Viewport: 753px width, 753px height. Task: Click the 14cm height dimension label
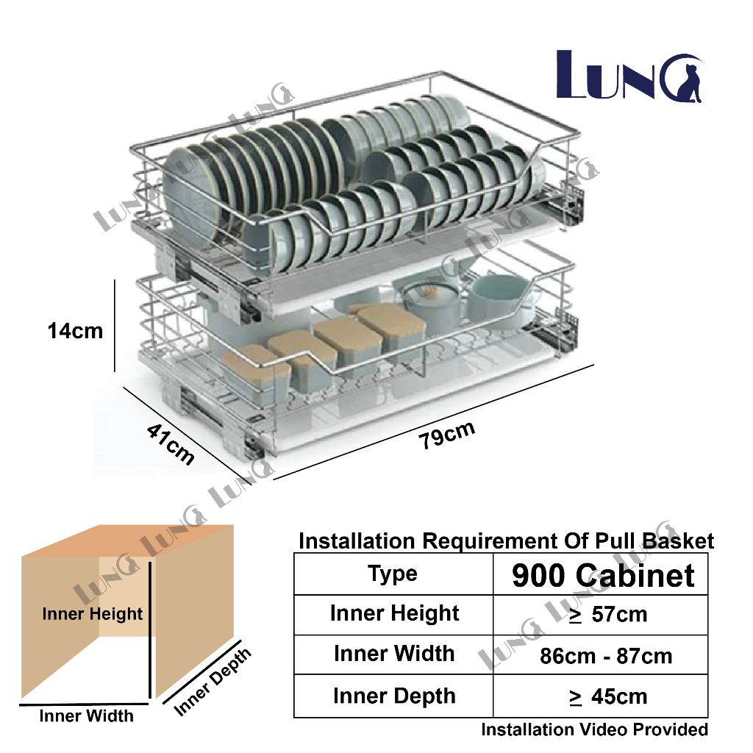(75, 331)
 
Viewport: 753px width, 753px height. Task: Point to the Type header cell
(393, 574)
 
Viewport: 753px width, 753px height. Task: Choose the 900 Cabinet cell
(603, 575)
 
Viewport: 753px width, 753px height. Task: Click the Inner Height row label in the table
(394, 614)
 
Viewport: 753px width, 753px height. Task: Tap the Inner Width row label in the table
(394, 654)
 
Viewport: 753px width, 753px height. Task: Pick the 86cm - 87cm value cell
(606, 656)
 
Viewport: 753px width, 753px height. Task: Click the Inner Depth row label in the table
(394, 696)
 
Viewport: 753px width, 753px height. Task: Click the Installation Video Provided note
(594, 729)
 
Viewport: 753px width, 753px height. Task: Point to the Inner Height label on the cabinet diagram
(93, 613)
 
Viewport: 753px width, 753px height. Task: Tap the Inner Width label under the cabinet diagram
(87, 715)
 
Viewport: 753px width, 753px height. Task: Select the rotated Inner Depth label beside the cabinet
(213, 682)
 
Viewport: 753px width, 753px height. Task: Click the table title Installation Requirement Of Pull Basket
(506, 542)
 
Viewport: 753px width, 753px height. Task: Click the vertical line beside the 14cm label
(115, 326)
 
